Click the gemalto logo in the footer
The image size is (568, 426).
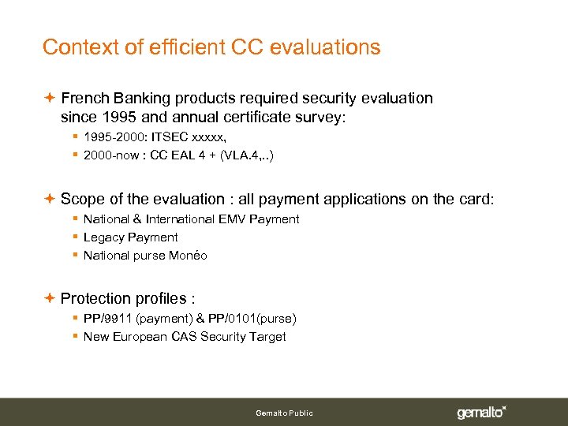[x=481, y=413]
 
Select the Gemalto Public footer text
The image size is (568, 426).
[x=284, y=413]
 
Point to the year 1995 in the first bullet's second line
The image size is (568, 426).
[x=114, y=118]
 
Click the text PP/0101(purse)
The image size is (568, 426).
[x=252, y=319]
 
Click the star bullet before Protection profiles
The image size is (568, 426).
[x=49, y=298]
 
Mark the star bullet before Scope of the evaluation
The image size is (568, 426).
[x=49, y=199]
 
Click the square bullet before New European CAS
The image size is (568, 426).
[x=73, y=337]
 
